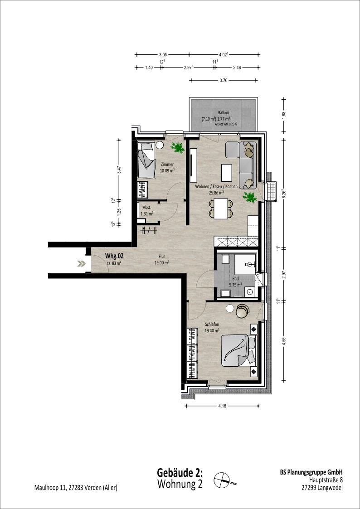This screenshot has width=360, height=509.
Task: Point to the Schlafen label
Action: [212, 324]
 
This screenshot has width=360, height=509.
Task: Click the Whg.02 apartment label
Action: [114, 256]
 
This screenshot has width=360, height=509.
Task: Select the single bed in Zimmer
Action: [146, 159]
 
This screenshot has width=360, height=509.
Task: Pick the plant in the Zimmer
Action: [178, 148]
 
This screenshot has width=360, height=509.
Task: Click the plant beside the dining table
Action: [250, 197]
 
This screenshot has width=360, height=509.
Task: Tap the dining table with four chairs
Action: [221, 209]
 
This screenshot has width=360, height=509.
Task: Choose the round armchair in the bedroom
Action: [242, 311]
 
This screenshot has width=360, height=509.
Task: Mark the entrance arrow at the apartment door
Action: [81, 264]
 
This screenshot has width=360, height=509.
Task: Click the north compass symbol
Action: [224, 479]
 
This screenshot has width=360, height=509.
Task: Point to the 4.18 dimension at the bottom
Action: [222, 406]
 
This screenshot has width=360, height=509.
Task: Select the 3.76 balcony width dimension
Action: [224, 80]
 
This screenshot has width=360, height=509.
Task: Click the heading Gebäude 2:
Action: [180, 472]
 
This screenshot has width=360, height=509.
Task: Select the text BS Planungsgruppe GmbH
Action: [311, 472]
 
